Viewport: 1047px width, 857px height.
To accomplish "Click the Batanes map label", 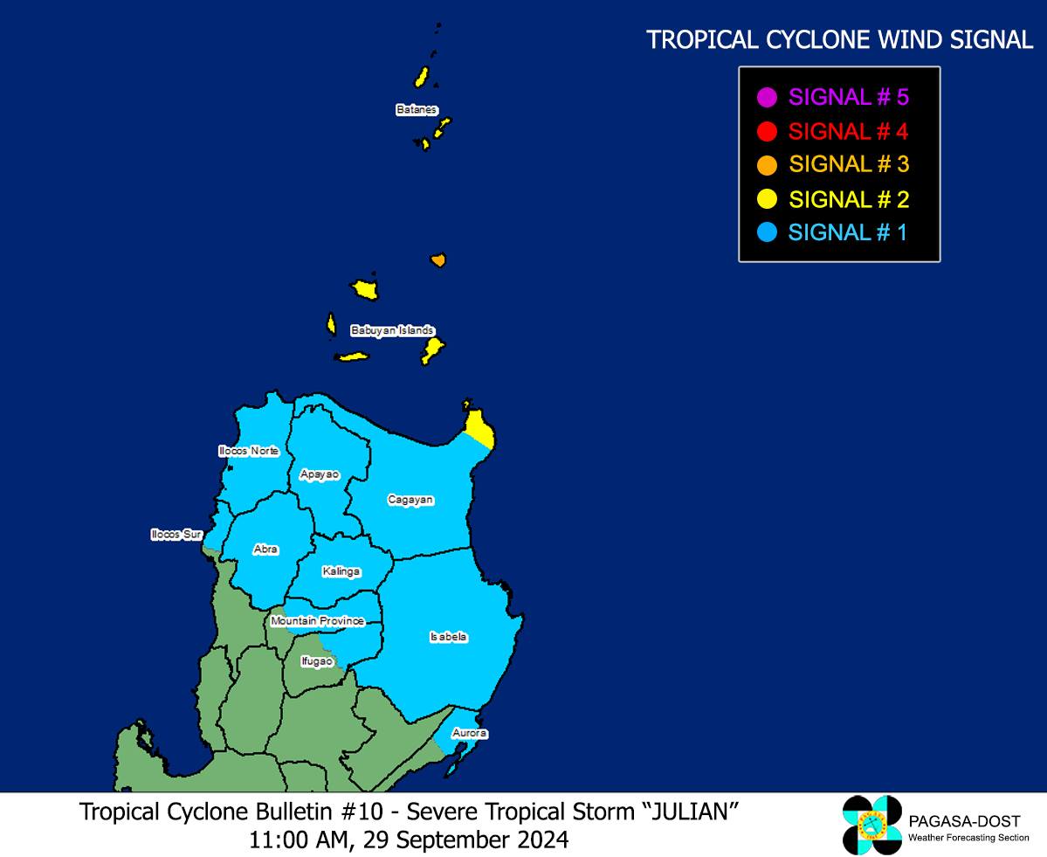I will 416,110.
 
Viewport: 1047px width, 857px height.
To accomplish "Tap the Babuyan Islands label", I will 392,330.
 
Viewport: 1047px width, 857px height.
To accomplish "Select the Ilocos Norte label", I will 249,451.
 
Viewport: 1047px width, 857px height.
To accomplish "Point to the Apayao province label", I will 319,473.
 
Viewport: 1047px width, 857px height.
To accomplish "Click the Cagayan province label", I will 410,500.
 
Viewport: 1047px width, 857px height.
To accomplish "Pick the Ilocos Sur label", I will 176,534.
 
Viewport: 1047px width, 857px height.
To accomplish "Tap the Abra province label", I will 265,549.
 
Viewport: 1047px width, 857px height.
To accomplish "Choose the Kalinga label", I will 341,571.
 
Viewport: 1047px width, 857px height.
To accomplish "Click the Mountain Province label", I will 317,621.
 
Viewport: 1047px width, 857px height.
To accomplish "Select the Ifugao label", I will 316,661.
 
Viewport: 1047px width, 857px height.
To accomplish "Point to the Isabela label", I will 448,637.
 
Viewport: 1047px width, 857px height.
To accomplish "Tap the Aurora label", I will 469,733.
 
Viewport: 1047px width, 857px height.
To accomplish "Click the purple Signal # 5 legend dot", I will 768,97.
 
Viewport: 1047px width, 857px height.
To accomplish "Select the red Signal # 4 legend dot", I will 768,132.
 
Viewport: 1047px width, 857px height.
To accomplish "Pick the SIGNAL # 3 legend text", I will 849,164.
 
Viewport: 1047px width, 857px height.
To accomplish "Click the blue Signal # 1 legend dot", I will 768,233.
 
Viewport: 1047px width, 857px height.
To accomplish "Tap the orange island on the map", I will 438,260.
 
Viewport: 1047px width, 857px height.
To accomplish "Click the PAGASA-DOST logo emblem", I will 871,825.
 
